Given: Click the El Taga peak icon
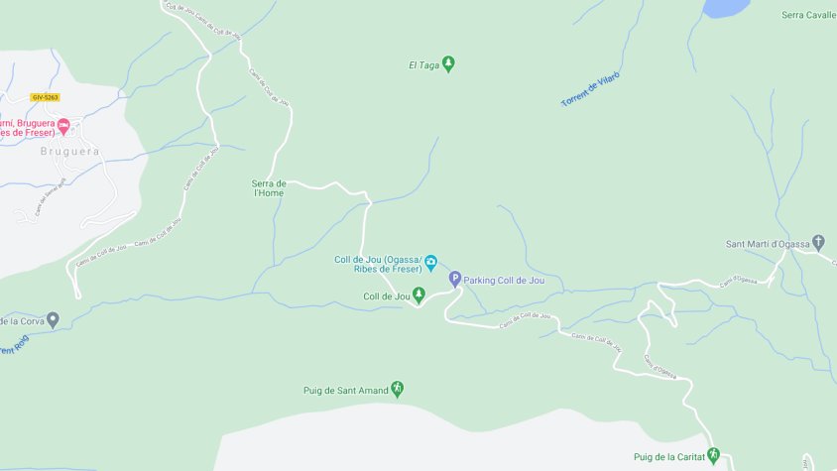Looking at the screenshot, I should pyautogui.click(x=448, y=65).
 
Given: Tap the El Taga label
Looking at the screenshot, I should pyautogui.click(x=422, y=66).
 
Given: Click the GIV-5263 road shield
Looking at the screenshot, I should pyautogui.click(x=45, y=97).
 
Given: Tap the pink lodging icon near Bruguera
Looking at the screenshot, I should pyautogui.click(x=64, y=126).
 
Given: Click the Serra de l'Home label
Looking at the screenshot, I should pyautogui.click(x=268, y=187).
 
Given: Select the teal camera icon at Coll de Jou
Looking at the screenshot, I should pyautogui.click(x=431, y=265).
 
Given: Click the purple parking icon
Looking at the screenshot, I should pyautogui.click(x=455, y=280).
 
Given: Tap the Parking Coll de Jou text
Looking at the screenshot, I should pyautogui.click(x=505, y=281).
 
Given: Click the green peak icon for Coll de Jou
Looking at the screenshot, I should pyautogui.click(x=418, y=295).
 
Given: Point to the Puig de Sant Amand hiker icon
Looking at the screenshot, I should pyautogui.click(x=398, y=389).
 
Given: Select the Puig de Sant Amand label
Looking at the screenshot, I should pyautogui.click(x=346, y=390).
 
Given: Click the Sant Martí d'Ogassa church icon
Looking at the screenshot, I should pyautogui.click(x=818, y=243).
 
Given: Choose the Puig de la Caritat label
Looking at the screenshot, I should pyautogui.click(x=668, y=457).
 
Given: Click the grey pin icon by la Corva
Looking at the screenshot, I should pyautogui.click(x=53, y=320).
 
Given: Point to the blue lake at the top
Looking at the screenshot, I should pyautogui.click(x=726, y=7).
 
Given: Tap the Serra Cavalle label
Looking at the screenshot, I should pyautogui.click(x=808, y=15).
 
